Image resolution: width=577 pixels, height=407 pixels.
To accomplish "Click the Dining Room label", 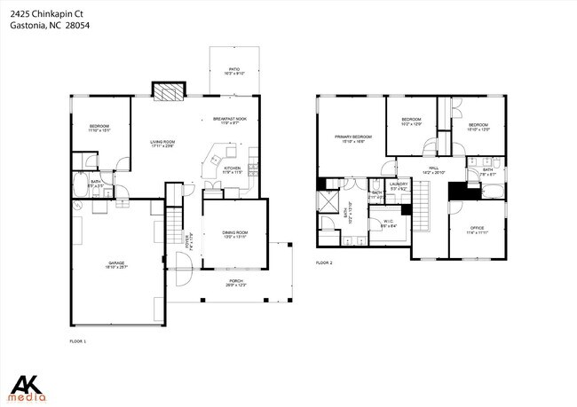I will [x=234, y=234].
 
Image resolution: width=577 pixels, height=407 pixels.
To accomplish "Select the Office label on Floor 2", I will [x=477, y=230].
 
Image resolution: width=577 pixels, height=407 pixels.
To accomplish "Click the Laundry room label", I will [x=399, y=186].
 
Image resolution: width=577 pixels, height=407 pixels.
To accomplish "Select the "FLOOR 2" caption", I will [x=324, y=263].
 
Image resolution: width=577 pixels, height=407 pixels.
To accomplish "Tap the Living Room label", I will [x=162, y=144].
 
